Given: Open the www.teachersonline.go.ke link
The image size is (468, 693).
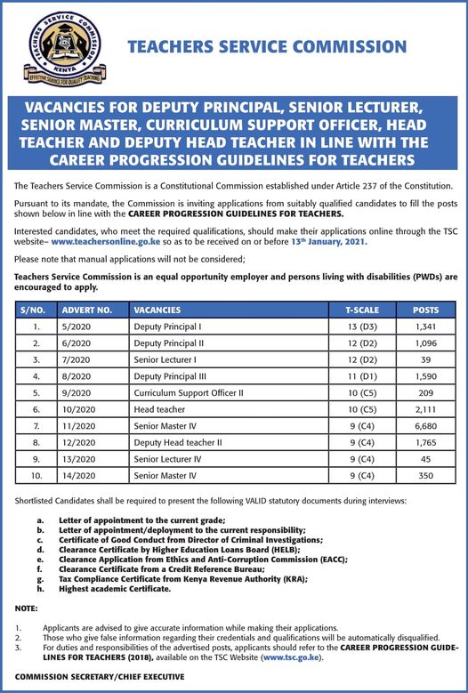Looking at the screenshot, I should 109,241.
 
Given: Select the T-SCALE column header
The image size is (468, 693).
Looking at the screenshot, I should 361,310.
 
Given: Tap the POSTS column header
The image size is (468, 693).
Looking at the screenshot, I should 425,310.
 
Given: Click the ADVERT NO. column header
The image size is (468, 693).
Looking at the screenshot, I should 86,310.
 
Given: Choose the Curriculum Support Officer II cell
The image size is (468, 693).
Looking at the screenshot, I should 188,392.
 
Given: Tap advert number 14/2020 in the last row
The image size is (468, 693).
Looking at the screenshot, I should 78,476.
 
